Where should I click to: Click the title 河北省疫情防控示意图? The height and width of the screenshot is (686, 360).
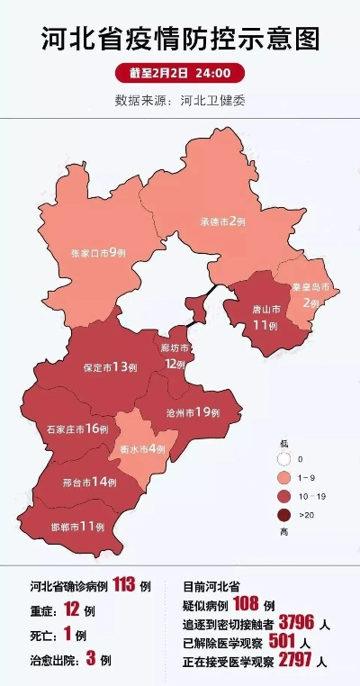[x=180, y=41]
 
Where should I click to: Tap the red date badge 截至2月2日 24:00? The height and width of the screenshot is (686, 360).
[x=180, y=73]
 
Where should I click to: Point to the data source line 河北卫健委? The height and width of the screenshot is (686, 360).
[x=180, y=100]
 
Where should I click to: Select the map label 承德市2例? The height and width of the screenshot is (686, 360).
[x=223, y=221]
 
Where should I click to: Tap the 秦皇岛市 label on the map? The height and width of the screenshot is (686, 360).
[x=310, y=295]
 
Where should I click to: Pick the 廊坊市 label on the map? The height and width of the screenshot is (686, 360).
[x=174, y=355]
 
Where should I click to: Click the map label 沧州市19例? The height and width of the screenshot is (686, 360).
[x=193, y=411]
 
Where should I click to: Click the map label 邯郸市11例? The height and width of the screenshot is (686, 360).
[x=76, y=525]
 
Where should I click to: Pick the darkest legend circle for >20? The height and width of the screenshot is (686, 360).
[x=285, y=515]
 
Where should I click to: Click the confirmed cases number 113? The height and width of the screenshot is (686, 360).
[x=124, y=585]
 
